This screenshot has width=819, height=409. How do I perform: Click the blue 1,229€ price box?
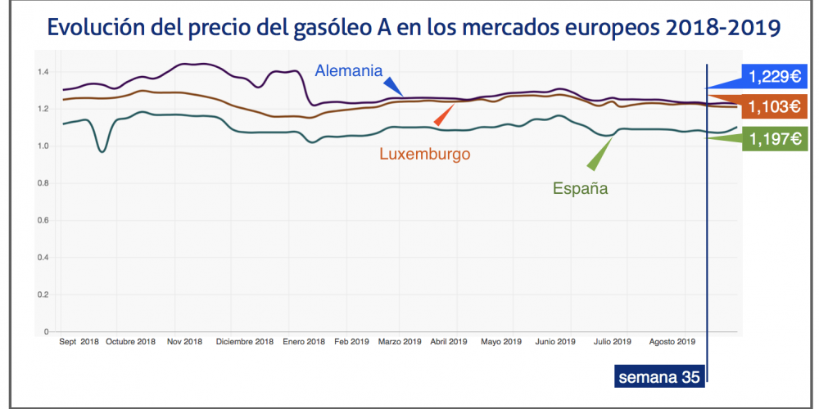pos(773,77)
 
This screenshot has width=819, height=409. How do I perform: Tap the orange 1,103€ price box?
pos(773,106)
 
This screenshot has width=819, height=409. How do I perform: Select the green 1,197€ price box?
pos(773,139)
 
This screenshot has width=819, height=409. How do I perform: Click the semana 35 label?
pos(658,377)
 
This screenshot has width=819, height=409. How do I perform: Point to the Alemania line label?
pos(350,70)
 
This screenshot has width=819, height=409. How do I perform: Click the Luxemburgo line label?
pos(424,152)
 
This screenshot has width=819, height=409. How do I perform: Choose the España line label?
pos(580,188)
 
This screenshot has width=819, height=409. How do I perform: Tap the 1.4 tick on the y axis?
pos(43,72)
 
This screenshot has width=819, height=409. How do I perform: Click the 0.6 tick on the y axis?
pos(43,221)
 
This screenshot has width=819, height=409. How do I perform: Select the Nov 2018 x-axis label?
pos(184,342)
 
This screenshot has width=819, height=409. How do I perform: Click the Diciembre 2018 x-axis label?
pos(245,342)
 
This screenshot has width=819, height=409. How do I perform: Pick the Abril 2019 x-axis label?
pos(449,342)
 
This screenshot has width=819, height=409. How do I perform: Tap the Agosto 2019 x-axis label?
pos(672,342)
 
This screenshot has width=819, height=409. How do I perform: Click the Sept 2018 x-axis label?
pos(79,342)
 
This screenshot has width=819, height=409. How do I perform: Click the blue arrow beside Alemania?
pos(394,86)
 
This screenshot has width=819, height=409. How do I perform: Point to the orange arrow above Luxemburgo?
pos(443,115)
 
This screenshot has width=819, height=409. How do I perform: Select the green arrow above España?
pos(601,151)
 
